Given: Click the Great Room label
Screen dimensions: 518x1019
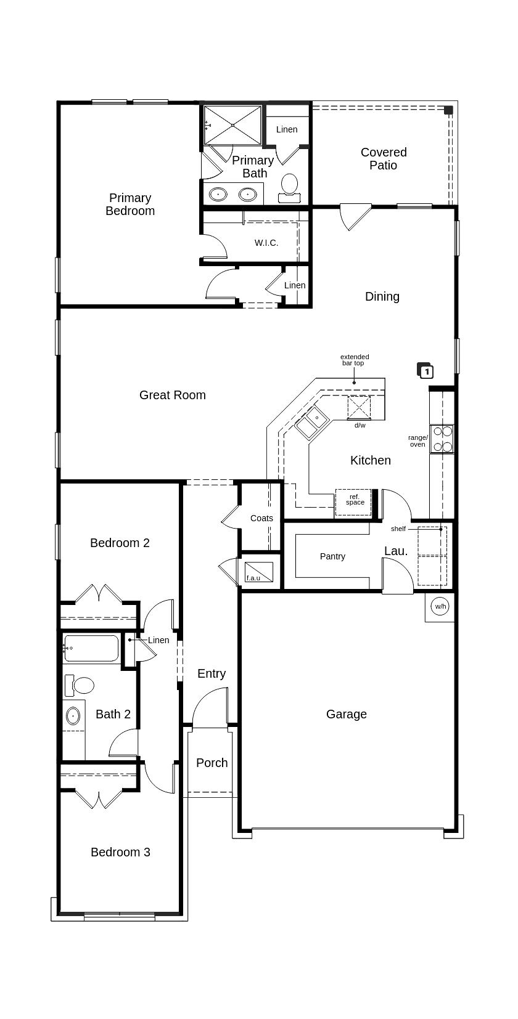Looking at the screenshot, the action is pos(173,395).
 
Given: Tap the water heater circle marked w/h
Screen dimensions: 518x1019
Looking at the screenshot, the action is pos(440,606).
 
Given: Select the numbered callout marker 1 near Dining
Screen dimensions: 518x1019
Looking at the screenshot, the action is pos(425,370).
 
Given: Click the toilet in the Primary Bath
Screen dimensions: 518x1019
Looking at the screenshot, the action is pos(289,188).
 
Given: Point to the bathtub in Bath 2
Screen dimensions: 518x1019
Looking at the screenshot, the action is pos(91,648).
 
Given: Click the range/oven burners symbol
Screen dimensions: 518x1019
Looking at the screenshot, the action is pos(442,439).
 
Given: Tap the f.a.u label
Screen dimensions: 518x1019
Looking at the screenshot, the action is pos(253,578).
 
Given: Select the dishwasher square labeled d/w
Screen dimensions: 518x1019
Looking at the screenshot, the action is pos(359,407).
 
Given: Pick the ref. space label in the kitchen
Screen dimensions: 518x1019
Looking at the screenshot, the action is pos(355,500).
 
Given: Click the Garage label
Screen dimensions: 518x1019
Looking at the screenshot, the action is pos(347,714).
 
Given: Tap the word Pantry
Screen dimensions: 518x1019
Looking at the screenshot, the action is pos(333,556).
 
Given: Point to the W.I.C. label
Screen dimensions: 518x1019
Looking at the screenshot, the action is pos(266,243).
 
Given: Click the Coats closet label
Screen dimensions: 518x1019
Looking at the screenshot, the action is pos(261,518).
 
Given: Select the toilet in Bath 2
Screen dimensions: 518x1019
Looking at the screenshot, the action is pos(79,685).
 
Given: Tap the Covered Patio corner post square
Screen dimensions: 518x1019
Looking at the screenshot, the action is pos(448,110).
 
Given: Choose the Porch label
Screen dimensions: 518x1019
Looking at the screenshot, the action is pos(212,763).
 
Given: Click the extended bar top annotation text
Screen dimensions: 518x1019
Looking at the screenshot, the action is pos(355,360).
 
